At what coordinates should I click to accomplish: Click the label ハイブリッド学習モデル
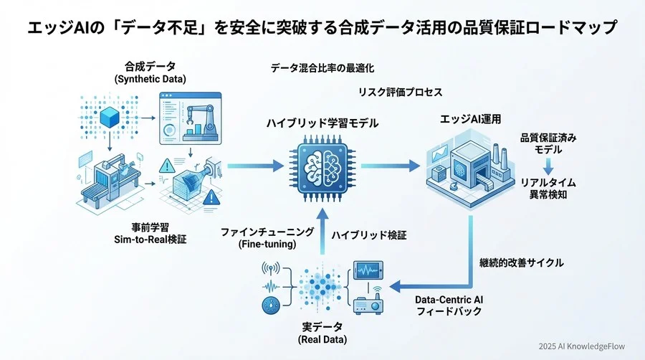(322, 124)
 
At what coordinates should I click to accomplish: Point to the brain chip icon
(322, 166)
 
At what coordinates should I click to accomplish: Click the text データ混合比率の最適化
(322, 68)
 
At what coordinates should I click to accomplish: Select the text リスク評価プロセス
(401, 93)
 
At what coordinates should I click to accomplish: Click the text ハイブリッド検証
(369, 235)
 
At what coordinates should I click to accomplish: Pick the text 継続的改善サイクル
(521, 262)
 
